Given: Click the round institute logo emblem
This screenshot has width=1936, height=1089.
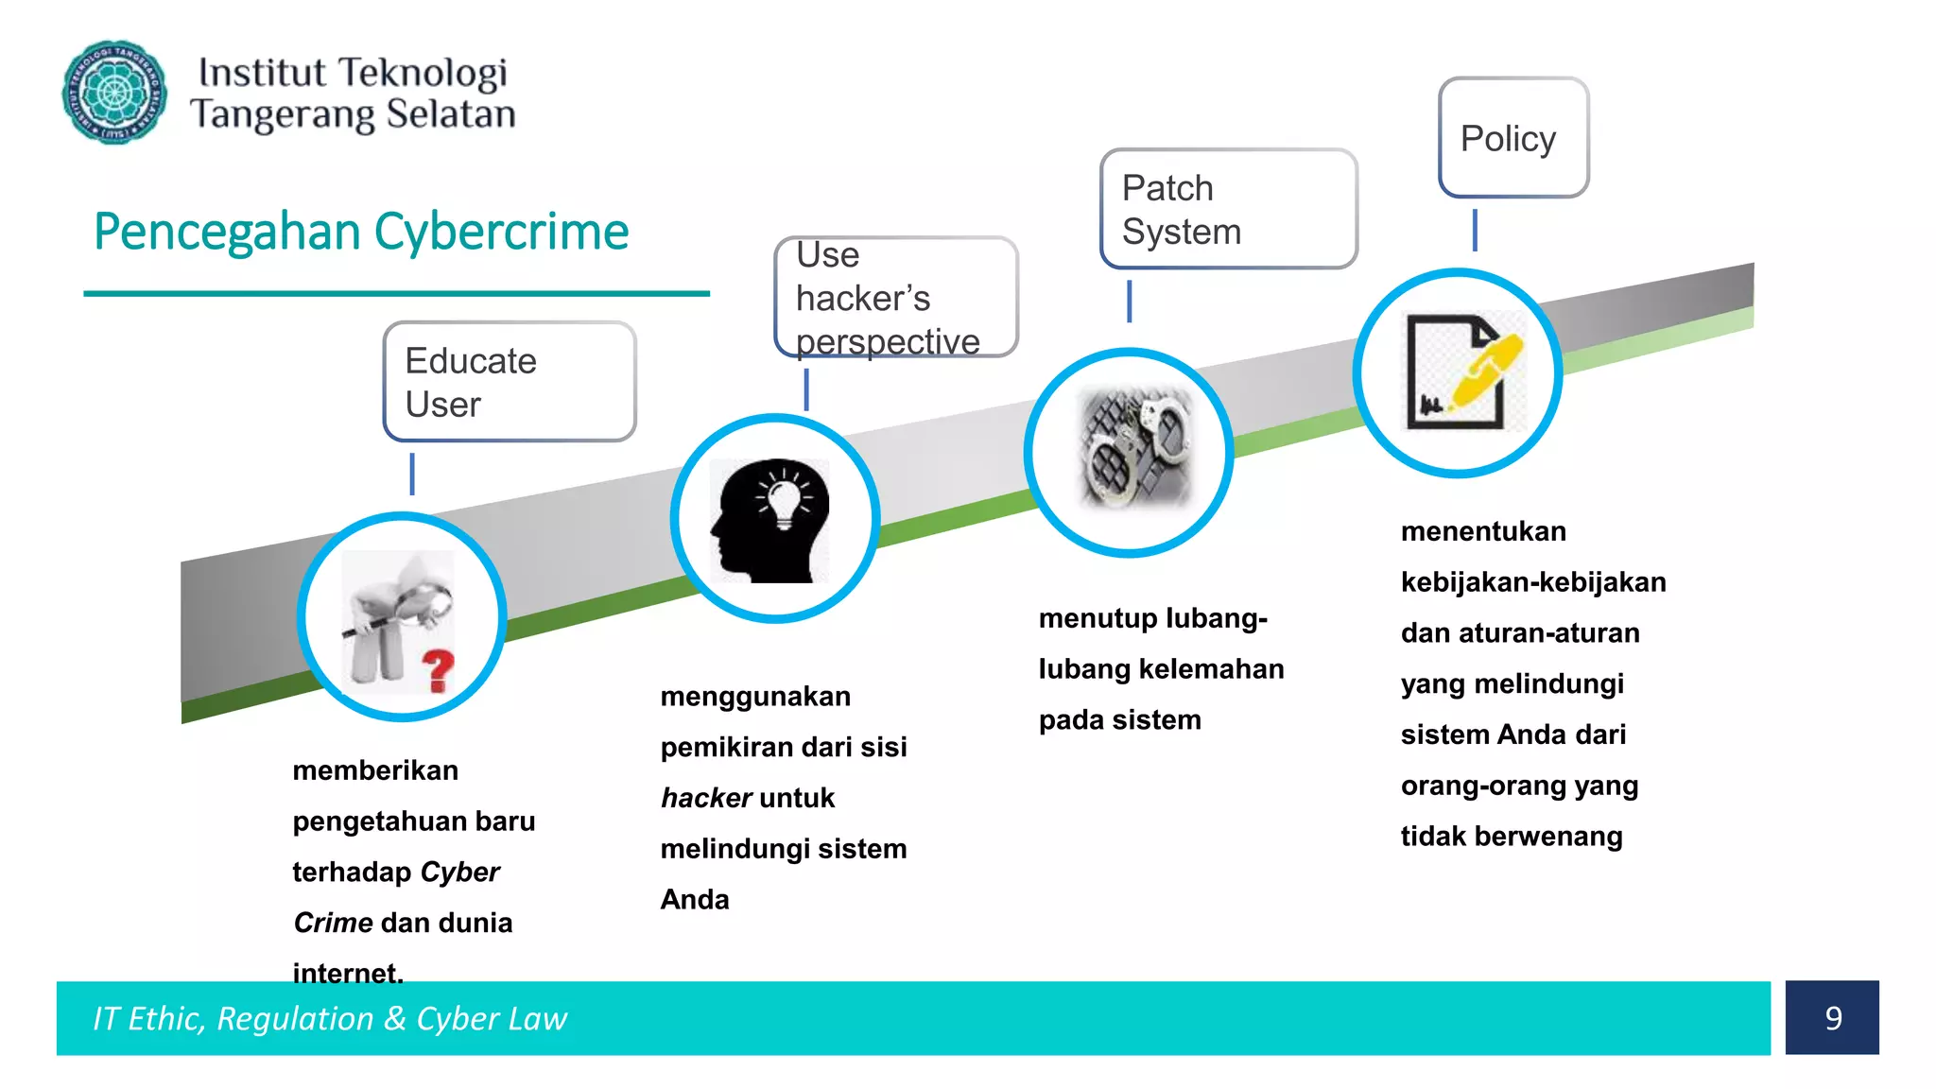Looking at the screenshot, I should [x=114, y=92].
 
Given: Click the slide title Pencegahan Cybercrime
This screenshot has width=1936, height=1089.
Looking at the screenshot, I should [x=361, y=232].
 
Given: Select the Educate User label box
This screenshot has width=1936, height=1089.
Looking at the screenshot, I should [x=510, y=382].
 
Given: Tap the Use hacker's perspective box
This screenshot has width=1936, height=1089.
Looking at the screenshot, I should [x=895, y=297].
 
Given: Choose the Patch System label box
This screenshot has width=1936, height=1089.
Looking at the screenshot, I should [x=1228, y=209].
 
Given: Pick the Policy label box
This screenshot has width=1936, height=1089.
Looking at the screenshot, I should [x=1512, y=138].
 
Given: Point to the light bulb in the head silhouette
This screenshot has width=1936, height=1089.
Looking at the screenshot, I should [x=784, y=499].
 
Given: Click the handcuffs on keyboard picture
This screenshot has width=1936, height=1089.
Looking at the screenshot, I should [x=1134, y=447].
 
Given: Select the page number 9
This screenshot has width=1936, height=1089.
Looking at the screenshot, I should [x=1832, y=1018].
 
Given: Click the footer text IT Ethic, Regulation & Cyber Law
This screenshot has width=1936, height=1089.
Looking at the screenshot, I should [x=330, y=1018].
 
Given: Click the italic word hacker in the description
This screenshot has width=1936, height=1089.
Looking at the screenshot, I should [x=705, y=798].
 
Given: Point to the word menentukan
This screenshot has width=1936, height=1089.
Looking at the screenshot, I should [x=1483, y=531].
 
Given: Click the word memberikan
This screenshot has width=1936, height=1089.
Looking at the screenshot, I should [x=375, y=770].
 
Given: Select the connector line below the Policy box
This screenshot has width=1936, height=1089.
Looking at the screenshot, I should [x=1475, y=231].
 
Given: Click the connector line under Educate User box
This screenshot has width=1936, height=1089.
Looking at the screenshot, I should [x=412, y=474].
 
